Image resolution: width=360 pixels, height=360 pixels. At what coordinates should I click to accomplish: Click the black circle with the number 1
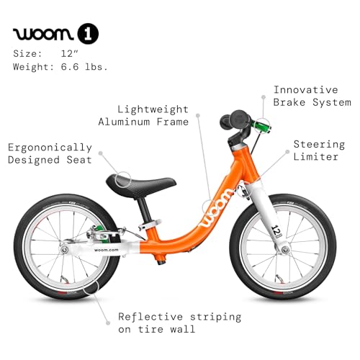coord(88,34)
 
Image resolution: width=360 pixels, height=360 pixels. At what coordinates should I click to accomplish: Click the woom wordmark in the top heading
coord(43,34)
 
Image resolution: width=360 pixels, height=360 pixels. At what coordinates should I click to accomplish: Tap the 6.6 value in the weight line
coord(70,67)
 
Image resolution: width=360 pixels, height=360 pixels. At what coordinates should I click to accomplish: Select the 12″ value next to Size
coord(70,53)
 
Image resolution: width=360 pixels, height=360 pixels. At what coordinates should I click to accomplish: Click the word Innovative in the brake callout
coord(306,90)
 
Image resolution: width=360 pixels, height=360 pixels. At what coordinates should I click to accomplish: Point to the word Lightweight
coord(153,109)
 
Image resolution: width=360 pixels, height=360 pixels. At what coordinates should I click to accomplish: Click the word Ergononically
coord(50,148)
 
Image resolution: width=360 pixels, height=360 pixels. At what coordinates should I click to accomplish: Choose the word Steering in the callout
coord(319,145)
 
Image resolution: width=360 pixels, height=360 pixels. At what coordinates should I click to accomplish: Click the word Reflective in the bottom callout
coord(150,317)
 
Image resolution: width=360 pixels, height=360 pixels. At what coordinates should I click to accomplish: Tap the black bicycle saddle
coord(141,184)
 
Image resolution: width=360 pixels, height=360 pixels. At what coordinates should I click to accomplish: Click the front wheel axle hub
coord(285,250)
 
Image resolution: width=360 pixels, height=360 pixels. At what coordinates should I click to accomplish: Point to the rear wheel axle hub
coord(64,250)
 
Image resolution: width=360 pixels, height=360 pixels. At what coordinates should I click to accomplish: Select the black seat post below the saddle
coord(145,211)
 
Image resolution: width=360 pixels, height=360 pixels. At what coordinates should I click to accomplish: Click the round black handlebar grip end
coord(238,118)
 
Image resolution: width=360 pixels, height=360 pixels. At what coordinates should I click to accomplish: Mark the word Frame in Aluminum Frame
coord(173,122)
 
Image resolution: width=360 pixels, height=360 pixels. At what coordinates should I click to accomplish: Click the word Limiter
coord(316,157)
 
